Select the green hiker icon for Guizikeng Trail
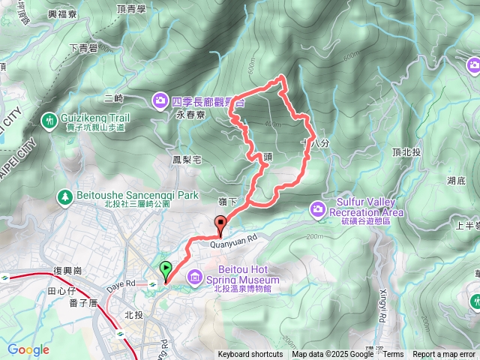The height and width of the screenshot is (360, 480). (49, 119)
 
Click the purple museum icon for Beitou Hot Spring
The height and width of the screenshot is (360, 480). (195, 279)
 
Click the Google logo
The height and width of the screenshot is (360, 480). (28, 349)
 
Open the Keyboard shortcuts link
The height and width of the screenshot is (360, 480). (250, 355)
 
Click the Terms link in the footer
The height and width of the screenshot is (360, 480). (393, 355)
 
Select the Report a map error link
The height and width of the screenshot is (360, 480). (444, 355)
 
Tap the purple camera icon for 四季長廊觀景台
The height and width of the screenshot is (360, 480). (161, 100)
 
